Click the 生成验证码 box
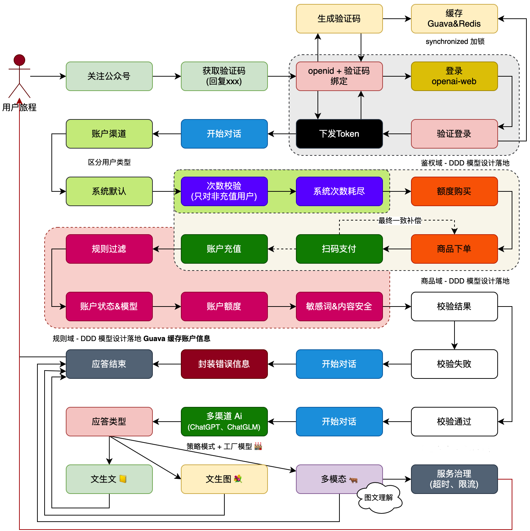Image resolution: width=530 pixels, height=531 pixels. coord(339,19)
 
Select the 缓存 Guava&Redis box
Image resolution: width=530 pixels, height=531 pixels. coord(454,19)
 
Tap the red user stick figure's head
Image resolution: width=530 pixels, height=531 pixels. coord(19,60)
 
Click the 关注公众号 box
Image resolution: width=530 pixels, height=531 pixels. coord(109,76)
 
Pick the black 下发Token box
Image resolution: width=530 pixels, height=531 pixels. coord(339,134)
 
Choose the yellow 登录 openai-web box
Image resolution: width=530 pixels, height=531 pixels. coord(454,76)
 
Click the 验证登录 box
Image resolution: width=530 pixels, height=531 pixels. coord(454,134)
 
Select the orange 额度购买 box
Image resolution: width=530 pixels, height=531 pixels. coord(454,191)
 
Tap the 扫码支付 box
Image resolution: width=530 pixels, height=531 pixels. coord(339,249)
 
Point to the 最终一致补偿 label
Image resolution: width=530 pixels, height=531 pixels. coord(400,221)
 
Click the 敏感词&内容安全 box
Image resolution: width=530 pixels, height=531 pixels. coord(339,307)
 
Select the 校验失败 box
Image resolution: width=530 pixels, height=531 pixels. coord(454,364)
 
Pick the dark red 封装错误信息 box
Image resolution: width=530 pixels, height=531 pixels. coord(224,364)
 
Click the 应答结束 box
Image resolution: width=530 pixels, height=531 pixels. coord(109,364)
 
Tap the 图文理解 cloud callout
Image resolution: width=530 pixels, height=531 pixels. coord(379,498)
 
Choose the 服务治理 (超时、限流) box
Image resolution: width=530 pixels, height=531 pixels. coord(454,479)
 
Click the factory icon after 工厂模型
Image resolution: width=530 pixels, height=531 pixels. coord(258,446)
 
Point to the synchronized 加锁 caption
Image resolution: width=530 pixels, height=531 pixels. coord(455,42)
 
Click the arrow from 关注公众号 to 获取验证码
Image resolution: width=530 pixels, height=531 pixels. coord(166,76)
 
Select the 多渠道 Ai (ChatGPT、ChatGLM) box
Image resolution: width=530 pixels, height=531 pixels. coord(224,422)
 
